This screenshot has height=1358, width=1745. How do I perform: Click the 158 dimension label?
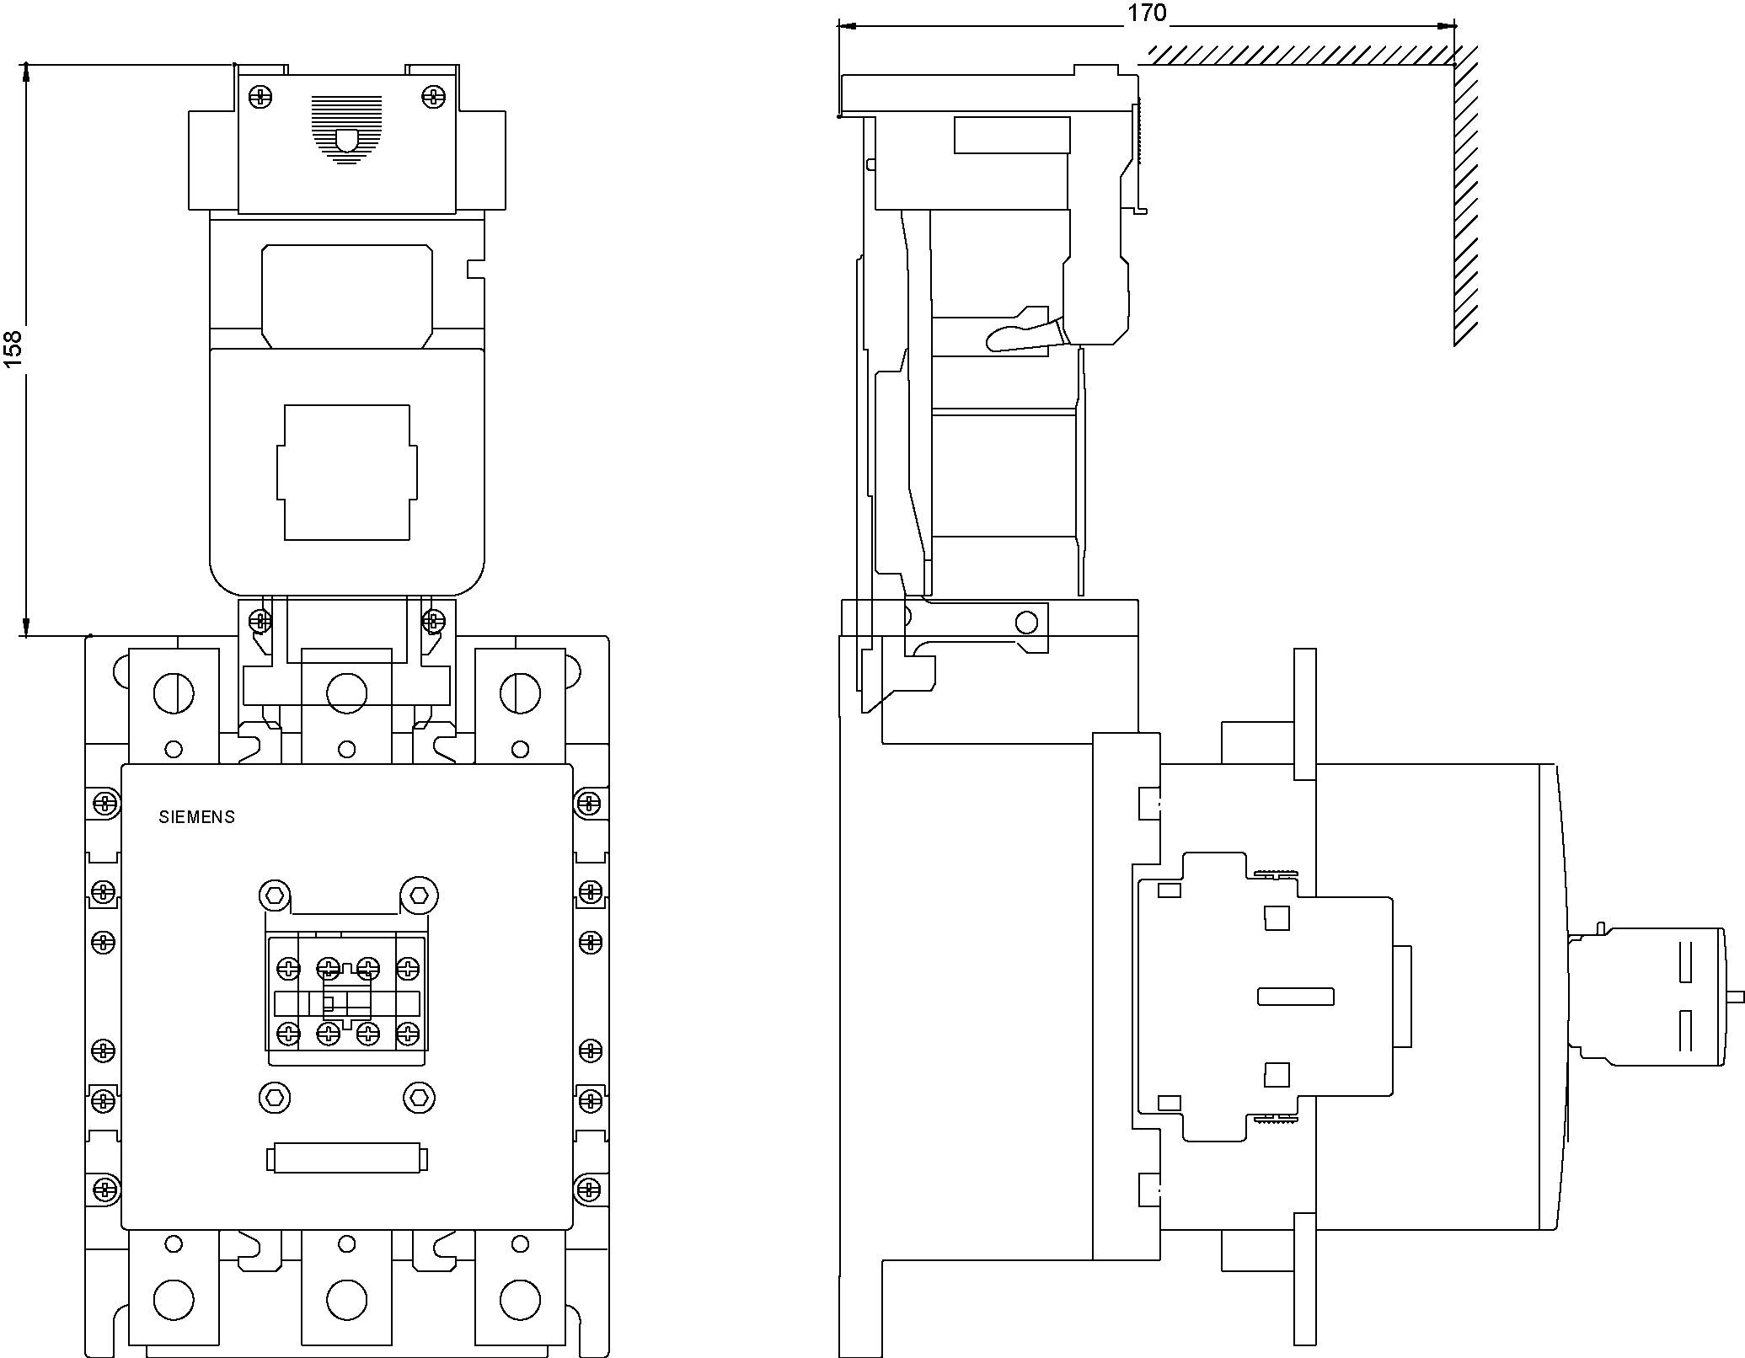tap(13, 348)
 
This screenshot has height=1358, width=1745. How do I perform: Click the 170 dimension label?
tap(1147, 13)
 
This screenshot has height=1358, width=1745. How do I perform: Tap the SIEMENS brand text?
tap(196, 817)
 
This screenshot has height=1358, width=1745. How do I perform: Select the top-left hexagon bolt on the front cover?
tap(275, 894)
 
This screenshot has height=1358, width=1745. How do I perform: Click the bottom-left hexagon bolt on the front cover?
tap(275, 1097)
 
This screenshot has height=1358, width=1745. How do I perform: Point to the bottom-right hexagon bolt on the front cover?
tap(420, 1097)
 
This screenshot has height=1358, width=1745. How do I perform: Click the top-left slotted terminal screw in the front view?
tap(174, 694)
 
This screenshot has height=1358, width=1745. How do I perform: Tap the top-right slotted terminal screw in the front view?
tap(520, 694)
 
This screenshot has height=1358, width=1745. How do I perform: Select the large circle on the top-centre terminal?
tap(346, 694)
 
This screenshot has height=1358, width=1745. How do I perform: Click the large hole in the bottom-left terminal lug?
tap(174, 1299)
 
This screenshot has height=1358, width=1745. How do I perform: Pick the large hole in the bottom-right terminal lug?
tap(520, 1299)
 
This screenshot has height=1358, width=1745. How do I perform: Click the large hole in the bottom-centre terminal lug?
tap(346, 1299)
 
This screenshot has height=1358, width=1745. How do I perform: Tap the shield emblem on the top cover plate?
tap(346, 140)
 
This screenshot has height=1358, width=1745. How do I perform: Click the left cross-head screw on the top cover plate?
tap(261, 96)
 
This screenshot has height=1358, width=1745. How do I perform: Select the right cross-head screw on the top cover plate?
tap(432, 96)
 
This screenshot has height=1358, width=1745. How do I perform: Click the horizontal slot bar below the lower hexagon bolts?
tap(346, 1159)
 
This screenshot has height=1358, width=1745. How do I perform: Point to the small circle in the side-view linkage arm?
tap(1026, 623)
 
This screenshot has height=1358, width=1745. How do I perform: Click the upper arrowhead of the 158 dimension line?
tap(26, 72)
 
